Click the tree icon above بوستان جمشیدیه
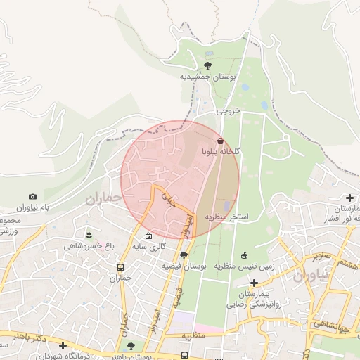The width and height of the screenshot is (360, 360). tap(207, 65)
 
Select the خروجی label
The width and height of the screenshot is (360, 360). tap(229, 111)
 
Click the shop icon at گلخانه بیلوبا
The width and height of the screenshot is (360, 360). tap(221, 141)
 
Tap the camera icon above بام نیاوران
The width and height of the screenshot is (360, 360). tap(32, 197)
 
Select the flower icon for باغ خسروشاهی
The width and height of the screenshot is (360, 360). tap(89, 234)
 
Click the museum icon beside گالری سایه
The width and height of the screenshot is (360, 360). tap(148, 236)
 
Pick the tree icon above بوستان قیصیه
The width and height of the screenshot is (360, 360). tap(184, 255)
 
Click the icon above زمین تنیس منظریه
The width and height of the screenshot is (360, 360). tap(244, 255)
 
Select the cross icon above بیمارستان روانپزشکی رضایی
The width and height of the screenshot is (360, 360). tap(254, 282)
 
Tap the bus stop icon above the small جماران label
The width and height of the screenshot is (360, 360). tap(121, 267)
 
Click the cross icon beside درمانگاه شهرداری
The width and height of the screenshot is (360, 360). tap(63, 345)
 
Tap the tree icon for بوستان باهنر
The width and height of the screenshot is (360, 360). tap(131, 345)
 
